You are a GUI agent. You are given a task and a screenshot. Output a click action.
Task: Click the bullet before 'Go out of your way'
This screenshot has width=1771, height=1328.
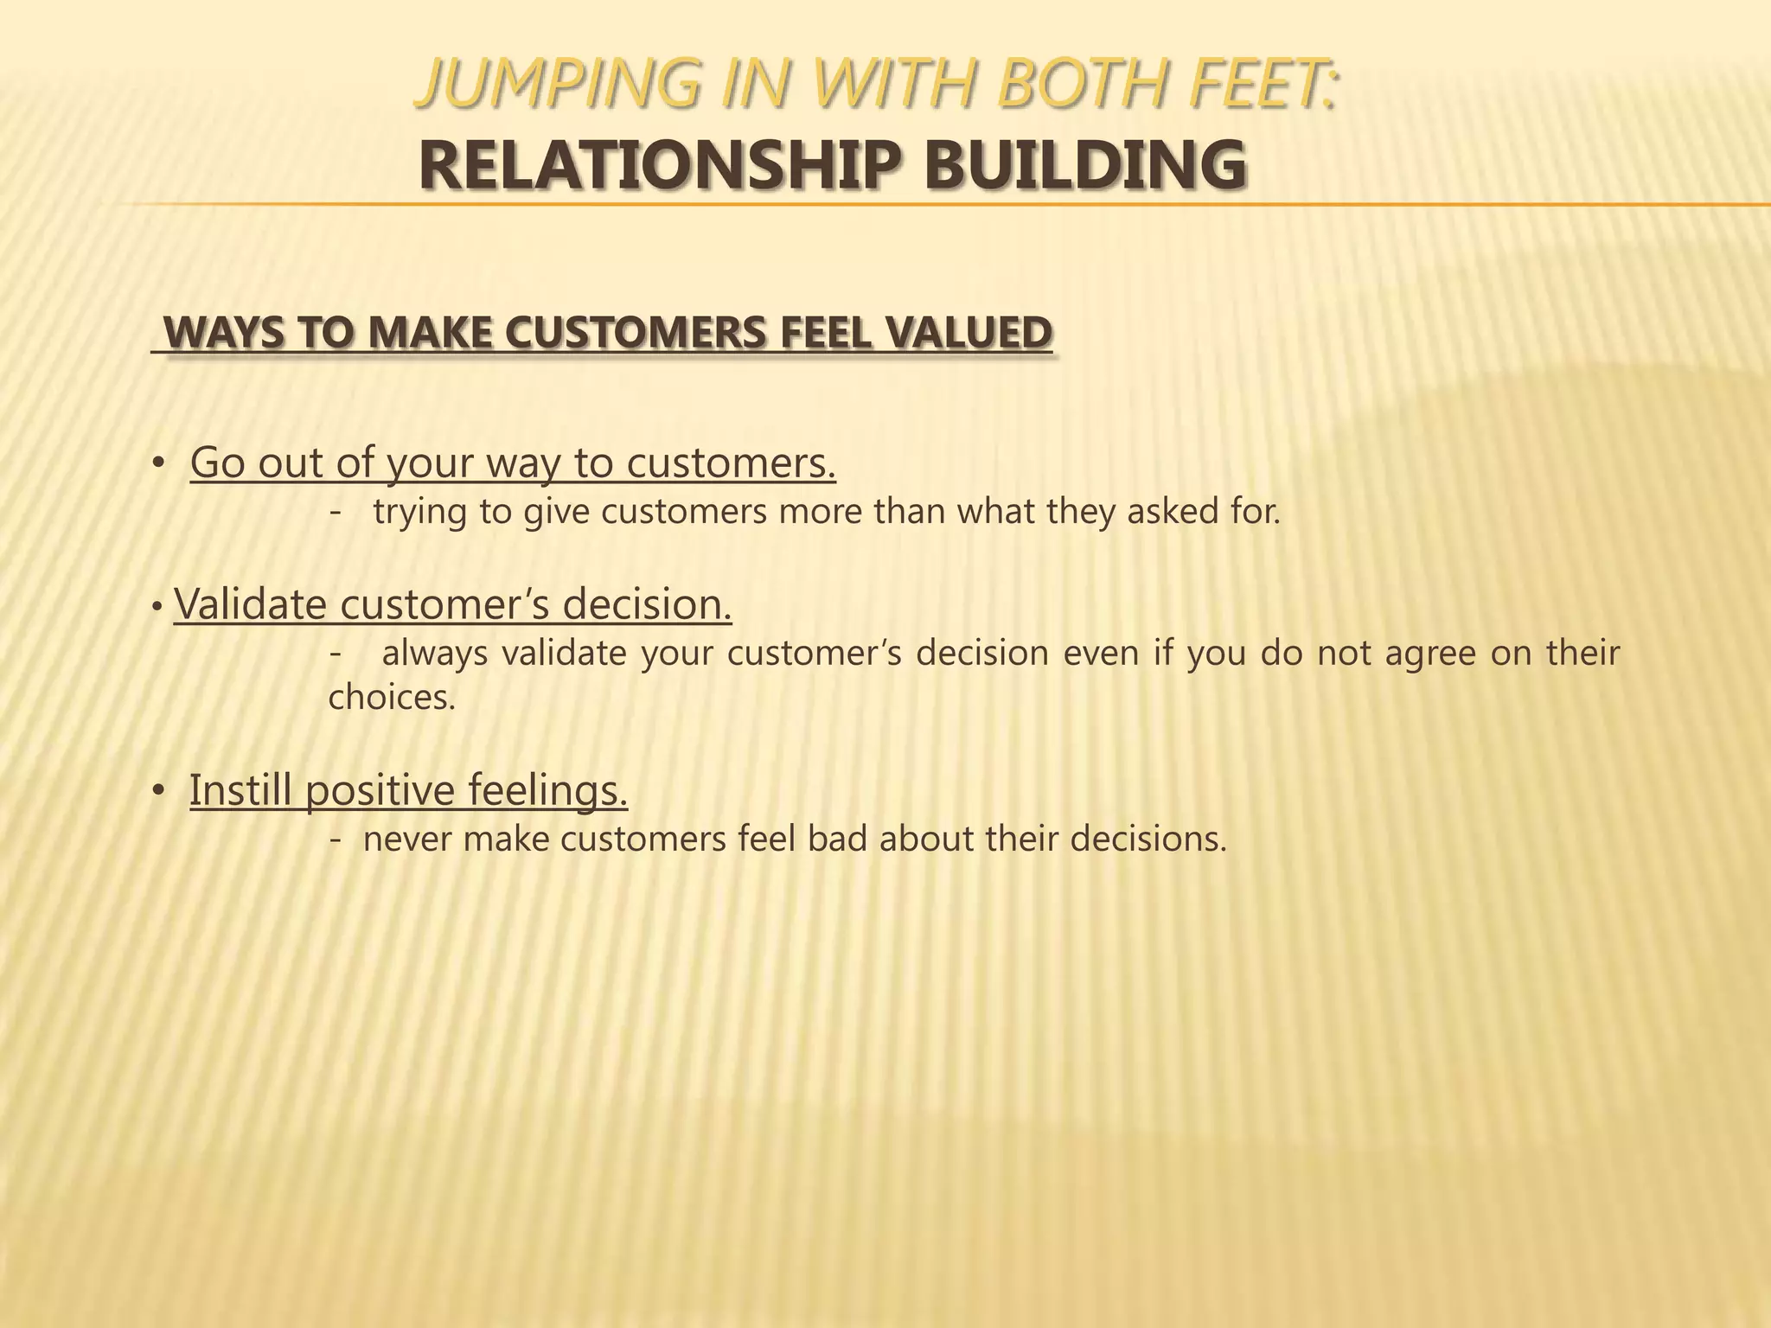coord(157,464)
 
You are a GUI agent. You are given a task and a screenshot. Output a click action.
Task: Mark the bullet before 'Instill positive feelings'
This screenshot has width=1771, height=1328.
coord(157,791)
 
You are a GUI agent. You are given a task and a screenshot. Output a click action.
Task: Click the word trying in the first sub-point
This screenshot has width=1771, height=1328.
coord(419,513)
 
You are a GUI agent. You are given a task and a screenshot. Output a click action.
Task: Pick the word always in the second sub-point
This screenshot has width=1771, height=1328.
coord(435,654)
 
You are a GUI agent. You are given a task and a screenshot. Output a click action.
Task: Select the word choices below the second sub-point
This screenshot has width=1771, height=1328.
coord(392,697)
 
